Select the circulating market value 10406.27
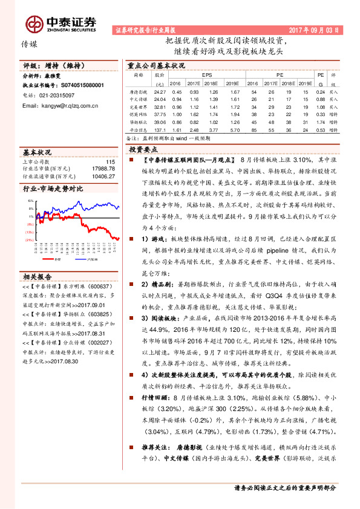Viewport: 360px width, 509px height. point(101,176)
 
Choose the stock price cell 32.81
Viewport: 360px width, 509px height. point(160,106)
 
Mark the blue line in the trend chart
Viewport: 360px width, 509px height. point(91,209)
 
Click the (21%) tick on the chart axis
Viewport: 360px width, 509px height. point(29,240)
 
